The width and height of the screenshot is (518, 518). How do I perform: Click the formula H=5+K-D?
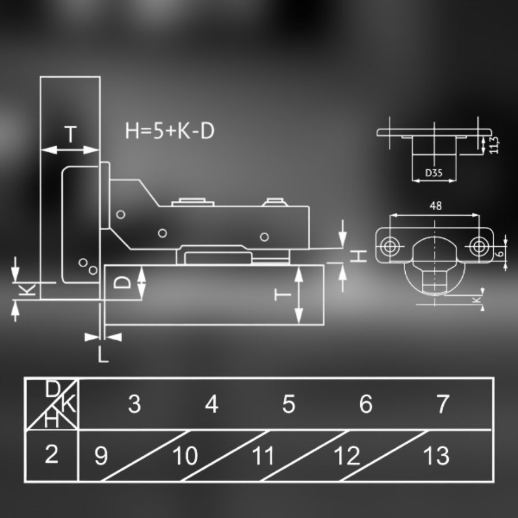click(x=170, y=131)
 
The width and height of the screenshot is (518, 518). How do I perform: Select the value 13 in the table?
click(x=436, y=456)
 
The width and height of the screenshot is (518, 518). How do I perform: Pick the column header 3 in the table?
click(x=135, y=403)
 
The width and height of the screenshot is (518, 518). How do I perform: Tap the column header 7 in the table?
click(x=443, y=403)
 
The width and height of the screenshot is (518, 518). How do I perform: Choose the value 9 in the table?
click(x=101, y=456)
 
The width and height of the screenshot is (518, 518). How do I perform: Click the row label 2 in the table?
click(x=52, y=454)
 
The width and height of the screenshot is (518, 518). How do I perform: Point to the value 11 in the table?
click(x=263, y=456)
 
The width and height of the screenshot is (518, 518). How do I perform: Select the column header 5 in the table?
click(x=289, y=403)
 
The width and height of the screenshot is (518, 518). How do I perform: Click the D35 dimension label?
click(x=434, y=173)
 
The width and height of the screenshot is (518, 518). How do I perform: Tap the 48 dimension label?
click(x=436, y=206)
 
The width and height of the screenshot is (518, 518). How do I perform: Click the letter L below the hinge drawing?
click(x=103, y=355)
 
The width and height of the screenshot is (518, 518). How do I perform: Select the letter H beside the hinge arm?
click(x=359, y=256)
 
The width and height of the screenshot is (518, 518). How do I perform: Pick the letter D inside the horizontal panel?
click(x=122, y=283)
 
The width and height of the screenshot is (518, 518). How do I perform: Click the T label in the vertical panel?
click(x=70, y=134)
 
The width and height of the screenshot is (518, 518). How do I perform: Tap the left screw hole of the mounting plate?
click(x=389, y=246)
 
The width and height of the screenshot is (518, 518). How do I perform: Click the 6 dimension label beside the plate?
click(x=501, y=253)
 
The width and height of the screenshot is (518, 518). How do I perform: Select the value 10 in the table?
click(x=185, y=456)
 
